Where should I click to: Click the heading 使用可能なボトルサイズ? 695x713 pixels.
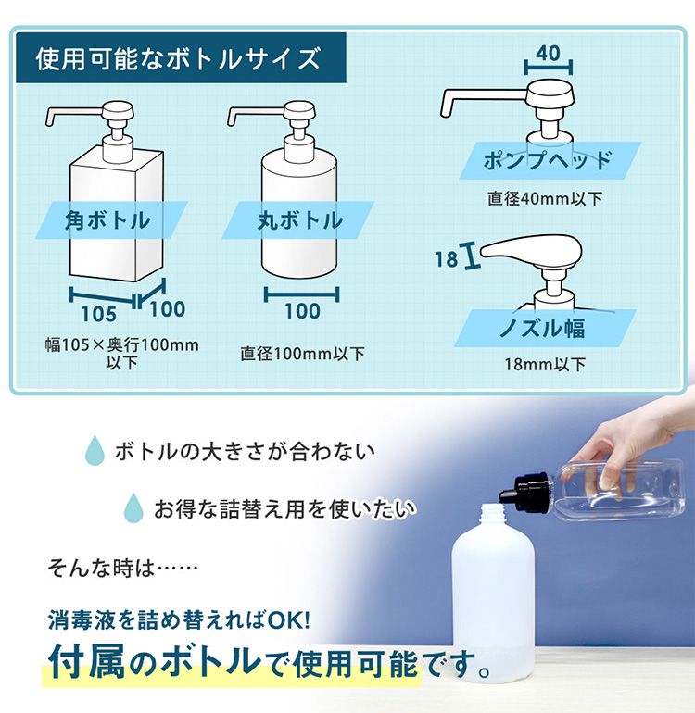coord(178,59)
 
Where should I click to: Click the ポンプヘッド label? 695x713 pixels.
coord(548,160)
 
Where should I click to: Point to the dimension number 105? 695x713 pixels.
coord(97,312)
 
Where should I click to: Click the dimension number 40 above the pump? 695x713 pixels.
coord(548,54)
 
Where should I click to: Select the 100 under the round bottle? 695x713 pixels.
coord(301,311)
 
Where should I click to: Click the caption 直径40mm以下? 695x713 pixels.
coord(546,199)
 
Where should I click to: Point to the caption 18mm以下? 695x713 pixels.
coord(545,364)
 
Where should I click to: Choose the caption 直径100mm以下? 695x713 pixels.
coord(302,354)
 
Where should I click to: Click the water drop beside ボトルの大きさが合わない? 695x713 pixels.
coord(94,452)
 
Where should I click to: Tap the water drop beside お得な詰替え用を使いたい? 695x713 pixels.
coord(134,507)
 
